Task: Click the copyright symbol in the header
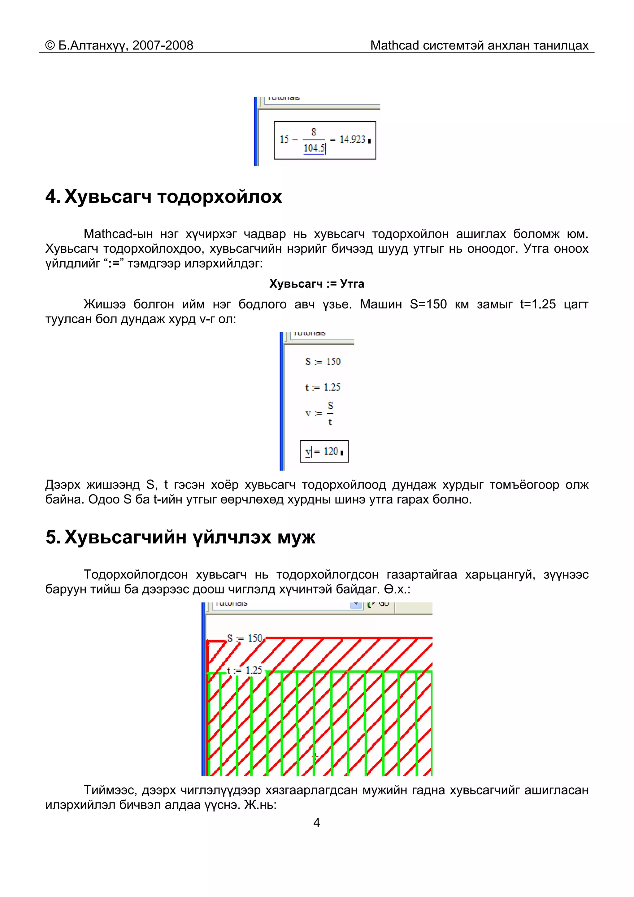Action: pyautogui.click(x=50, y=46)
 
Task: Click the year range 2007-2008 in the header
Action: pyautogui.click(x=163, y=46)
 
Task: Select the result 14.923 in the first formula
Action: pyautogui.click(x=352, y=139)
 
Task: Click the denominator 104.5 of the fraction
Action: pyautogui.click(x=314, y=148)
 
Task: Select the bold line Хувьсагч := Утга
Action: pyautogui.click(x=316, y=284)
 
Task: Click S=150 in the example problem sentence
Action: pyautogui.click(x=428, y=304)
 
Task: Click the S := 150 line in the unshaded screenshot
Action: pyautogui.click(x=323, y=362)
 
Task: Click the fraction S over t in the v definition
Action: pyautogui.click(x=330, y=413)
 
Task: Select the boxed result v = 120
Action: pyautogui.click(x=324, y=452)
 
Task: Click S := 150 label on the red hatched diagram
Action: pyautogui.click(x=245, y=638)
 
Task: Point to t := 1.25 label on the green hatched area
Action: pyautogui.click(x=244, y=670)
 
